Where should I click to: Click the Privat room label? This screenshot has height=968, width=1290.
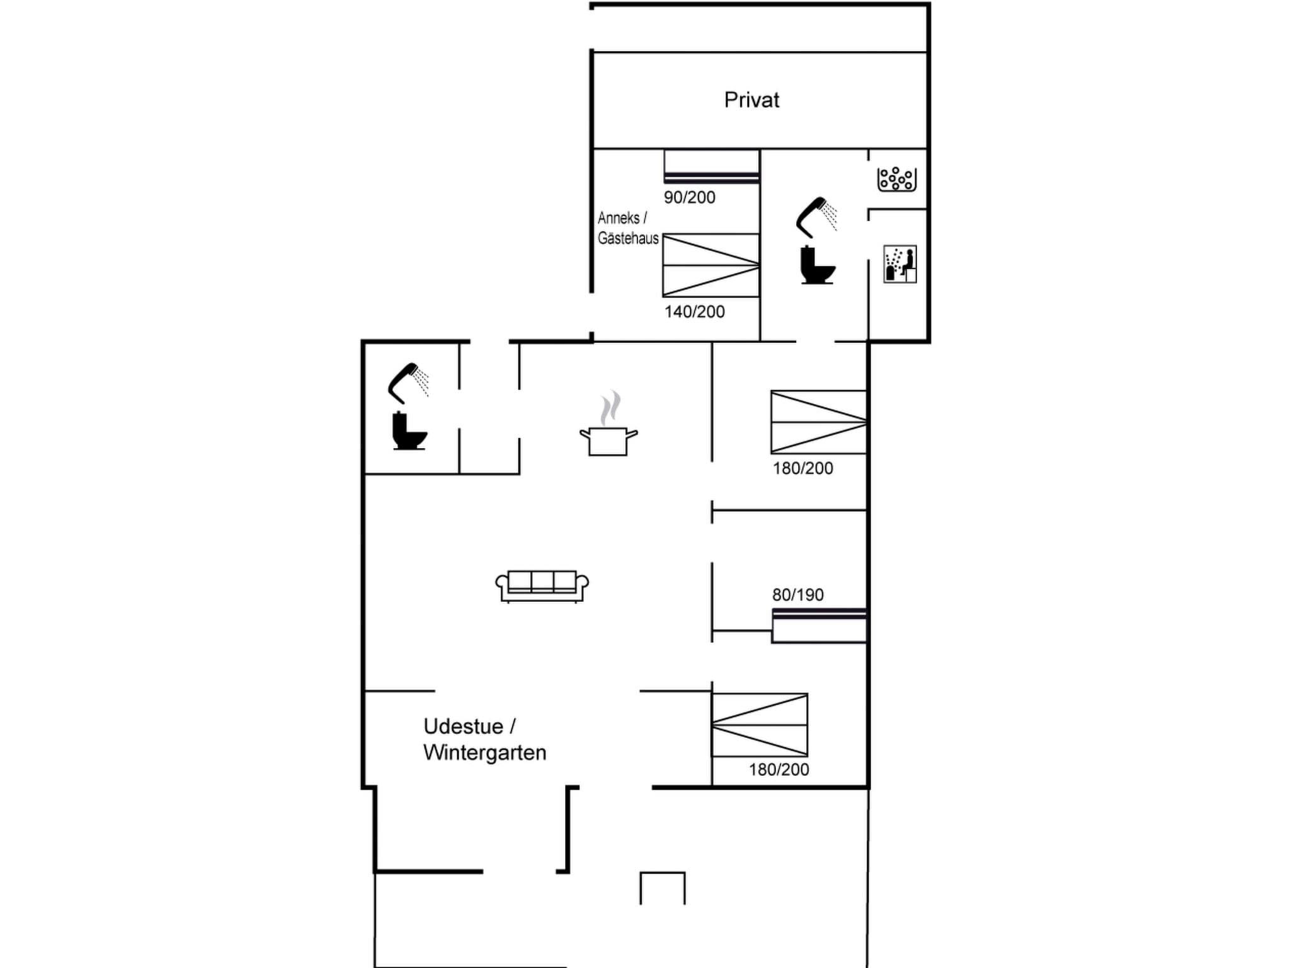(x=751, y=100)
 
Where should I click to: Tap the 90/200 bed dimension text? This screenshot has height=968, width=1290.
(x=689, y=198)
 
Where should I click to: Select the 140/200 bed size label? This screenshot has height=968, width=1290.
(x=694, y=312)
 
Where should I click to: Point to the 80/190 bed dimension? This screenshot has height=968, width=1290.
(x=797, y=595)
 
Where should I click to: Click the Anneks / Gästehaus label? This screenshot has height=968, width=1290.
(x=627, y=228)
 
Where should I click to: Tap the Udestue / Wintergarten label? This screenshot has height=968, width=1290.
(x=484, y=740)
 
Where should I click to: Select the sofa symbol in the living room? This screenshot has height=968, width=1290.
(x=542, y=586)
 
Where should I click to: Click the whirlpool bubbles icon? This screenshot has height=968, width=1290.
(x=896, y=179)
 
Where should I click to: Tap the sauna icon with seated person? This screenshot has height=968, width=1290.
(x=899, y=264)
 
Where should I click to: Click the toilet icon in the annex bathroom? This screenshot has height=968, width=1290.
(x=817, y=266)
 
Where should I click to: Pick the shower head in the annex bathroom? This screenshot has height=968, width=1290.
(x=816, y=216)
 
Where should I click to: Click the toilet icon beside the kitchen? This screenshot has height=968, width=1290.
(x=409, y=431)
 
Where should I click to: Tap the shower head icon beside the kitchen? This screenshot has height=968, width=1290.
(x=408, y=382)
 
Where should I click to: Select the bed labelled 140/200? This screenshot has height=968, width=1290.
(x=711, y=265)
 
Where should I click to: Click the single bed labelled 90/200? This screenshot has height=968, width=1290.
(x=711, y=167)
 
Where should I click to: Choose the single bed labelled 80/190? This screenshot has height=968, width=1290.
(x=819, y=626)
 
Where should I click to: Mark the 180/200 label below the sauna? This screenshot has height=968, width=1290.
(x=802, y=468)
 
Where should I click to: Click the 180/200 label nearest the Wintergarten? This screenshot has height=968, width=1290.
(x=779, y=769)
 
